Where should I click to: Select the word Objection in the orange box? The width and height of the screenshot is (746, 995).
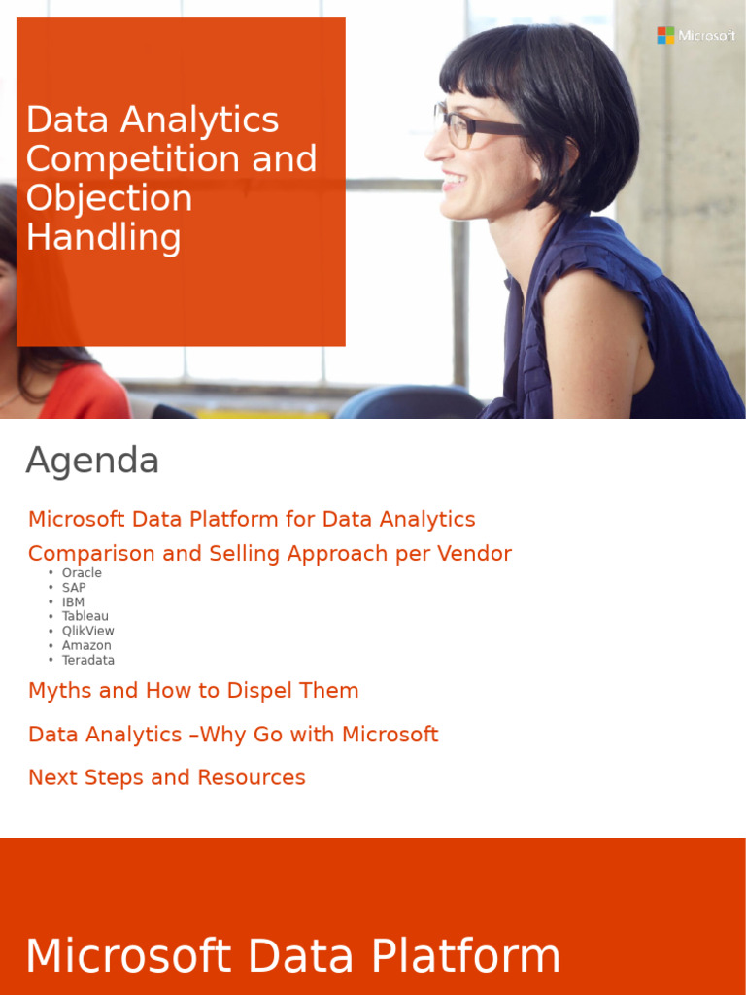tap(109, 198)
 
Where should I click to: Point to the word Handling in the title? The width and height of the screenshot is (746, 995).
tap(103, 237)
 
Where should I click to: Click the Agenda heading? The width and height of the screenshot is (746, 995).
tap(92, 461)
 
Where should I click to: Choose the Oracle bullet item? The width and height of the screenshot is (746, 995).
tap(82, 573)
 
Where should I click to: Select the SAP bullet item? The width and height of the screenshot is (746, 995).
tap(74, 588)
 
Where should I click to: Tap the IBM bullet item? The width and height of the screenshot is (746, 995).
tap(73, 602)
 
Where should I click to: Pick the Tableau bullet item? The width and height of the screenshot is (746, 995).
tap(85, 616)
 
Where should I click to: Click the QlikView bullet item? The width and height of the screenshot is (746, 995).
tap(87, 631)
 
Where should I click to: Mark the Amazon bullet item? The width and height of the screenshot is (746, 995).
tap(86, 645)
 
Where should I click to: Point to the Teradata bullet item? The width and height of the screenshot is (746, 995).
tap(88, 660)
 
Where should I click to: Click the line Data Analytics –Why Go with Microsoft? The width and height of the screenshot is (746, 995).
tap(233, 735)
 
